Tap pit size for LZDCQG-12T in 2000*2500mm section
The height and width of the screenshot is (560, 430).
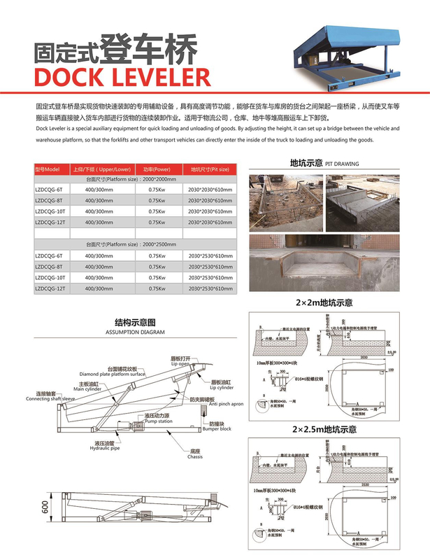210,288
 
